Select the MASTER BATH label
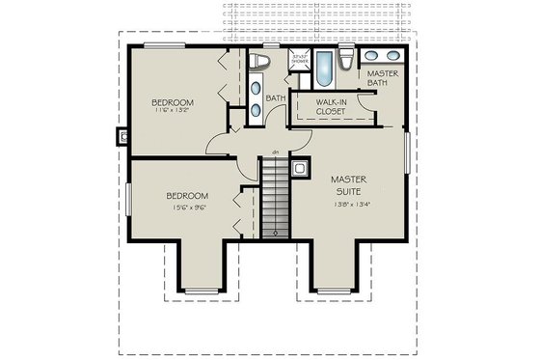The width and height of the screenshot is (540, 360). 383,78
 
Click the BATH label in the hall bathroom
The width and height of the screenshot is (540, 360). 276,97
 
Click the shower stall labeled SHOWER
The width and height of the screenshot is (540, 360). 298,65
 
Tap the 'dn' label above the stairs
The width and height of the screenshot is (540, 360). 275,152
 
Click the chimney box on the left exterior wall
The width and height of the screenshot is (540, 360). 122,136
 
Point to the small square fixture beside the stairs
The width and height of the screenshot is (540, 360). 300,168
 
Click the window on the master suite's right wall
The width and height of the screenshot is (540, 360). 407,153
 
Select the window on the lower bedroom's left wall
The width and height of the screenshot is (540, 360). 128,199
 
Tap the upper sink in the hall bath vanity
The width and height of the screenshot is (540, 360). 255,91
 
